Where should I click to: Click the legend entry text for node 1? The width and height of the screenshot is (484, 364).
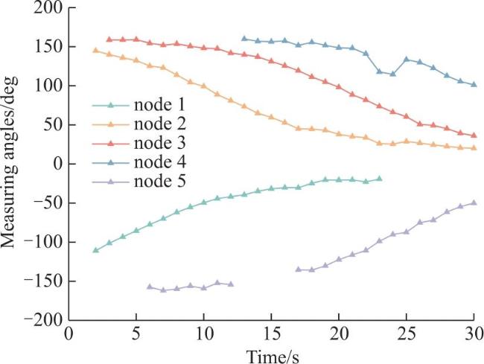(x=159, y=105)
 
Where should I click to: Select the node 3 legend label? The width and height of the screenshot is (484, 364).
(x=159, y=143)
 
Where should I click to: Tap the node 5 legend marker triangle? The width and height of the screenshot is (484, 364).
(x=111, y=182)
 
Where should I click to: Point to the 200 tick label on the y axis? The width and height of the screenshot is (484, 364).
(x=48, y=7)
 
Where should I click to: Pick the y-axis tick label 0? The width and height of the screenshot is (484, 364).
(x=58, y=164)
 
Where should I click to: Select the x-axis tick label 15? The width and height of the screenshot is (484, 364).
(x=271, y=334)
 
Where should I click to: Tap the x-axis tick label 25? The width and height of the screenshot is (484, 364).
(x=407, y=334)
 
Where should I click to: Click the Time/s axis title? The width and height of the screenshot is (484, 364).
(x=273, y=356)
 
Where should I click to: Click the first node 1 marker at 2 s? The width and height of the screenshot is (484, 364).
(x=96, y=250)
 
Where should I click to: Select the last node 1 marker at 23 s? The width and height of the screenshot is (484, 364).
(x=379, y=179)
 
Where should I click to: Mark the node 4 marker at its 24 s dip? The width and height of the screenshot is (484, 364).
(x=393, y=74)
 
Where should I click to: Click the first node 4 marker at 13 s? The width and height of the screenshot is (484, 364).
(x=244, y=39)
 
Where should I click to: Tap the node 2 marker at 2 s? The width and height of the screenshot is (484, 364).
(x=96, y=51)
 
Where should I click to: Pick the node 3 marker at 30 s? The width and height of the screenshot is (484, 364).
(x=474, y=135)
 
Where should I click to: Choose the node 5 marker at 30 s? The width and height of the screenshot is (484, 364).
(x=474, y=202)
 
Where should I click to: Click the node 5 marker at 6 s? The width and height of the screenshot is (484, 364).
(x=150, y=287)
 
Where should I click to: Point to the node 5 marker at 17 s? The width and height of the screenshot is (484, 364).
(x=298, y=269)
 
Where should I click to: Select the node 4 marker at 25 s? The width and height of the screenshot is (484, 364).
(x=407, y=60)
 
